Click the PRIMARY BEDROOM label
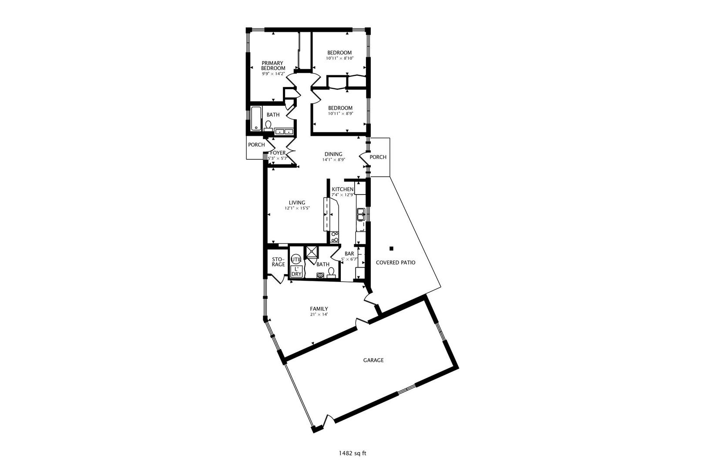[273, 65]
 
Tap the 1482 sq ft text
[352, 453]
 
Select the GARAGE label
[373, 360]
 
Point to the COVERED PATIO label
[396, 262]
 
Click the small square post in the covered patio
[392, 248]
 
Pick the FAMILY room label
[319, 309]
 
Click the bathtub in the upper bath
[256, 119]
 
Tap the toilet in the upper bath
[269, 126]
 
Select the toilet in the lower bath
[331, 272]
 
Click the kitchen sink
[361, 215]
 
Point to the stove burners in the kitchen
[335, 237]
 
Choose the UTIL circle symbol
[296, 260]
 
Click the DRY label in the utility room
[296, 274]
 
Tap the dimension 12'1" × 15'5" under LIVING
[297, 208]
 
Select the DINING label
[333, 154]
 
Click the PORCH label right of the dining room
[378, 157]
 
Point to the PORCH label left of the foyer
[256, 145]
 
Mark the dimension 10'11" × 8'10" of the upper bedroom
[340, 58]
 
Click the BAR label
[349, 254]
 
